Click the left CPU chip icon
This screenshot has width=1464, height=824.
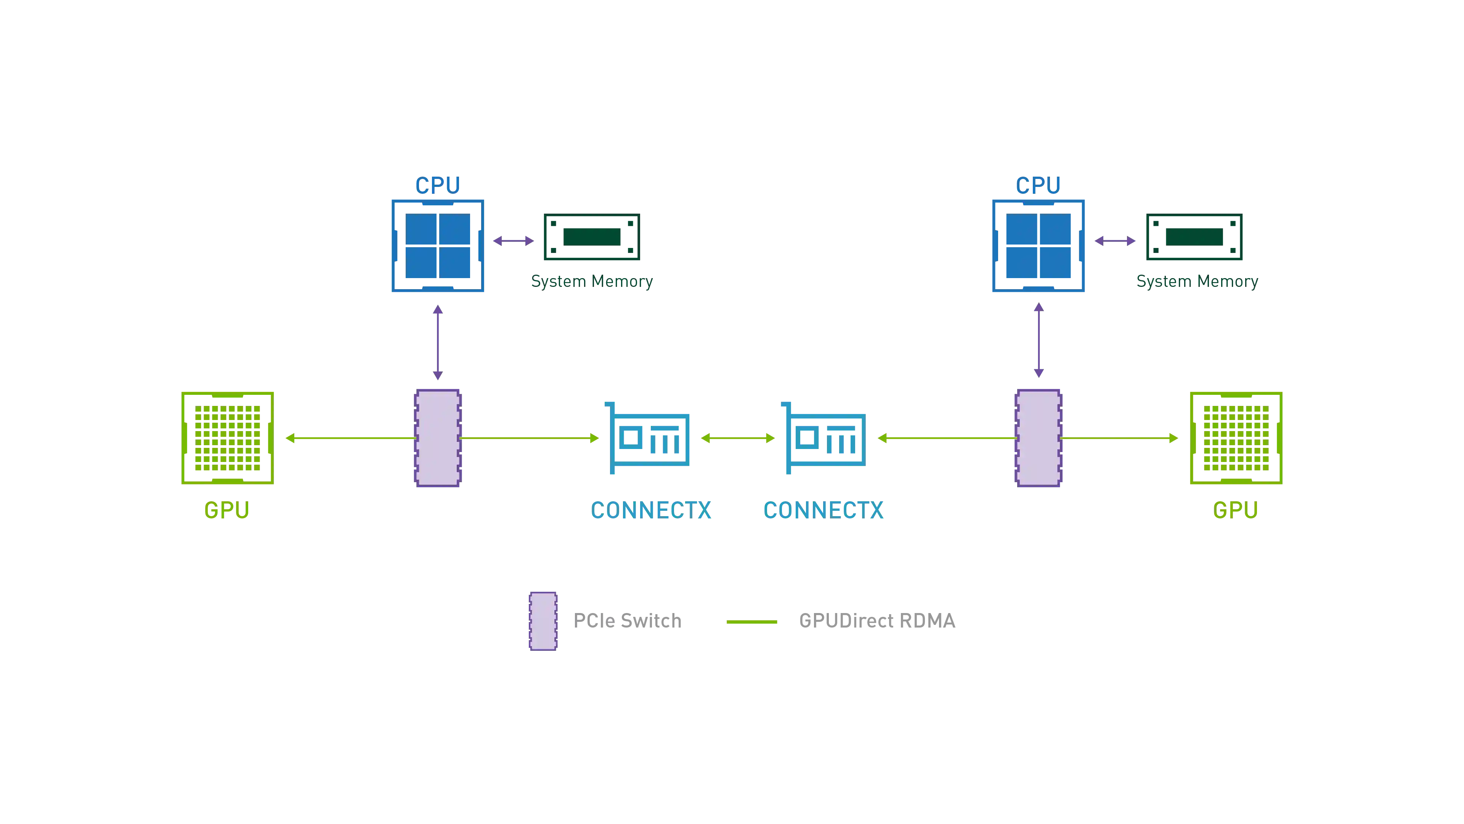[438, 246]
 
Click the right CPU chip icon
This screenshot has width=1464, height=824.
[1038, 246]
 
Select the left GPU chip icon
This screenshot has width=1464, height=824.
[227, 438]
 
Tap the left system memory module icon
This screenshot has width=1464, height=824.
[592, 238]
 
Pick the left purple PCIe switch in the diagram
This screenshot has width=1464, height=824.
[438, 438]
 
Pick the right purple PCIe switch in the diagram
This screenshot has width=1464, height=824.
[1038, 438]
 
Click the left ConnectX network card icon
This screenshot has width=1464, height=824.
[649, 438]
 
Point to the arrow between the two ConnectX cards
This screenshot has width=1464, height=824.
[738, 438]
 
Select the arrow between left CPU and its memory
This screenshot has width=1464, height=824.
[514, 241]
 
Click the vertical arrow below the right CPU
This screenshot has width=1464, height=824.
[1038, 341]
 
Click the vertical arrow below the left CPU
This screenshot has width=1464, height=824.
[438, 341]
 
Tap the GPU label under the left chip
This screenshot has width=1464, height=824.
[227, 510]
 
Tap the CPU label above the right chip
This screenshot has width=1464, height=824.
[1038, 185]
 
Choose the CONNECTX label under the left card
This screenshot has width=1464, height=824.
[652, 510]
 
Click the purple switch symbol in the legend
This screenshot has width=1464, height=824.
[543, 621]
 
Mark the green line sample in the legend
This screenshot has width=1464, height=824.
[751, 622]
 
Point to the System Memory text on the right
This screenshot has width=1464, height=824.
[1197, 282]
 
